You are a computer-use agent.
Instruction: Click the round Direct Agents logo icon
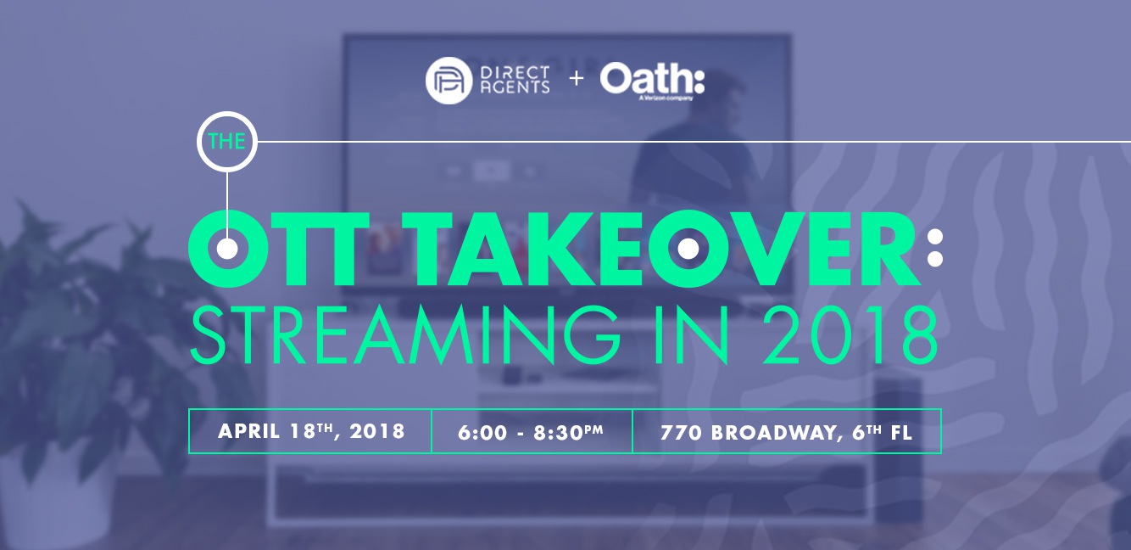(448, 81)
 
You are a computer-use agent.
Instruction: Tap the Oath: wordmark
(652, 78)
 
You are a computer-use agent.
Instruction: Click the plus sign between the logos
(577, 79)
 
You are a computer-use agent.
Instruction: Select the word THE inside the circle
(226, 141)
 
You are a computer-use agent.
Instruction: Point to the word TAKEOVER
(667, 250)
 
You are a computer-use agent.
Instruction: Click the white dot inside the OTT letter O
(227, 250)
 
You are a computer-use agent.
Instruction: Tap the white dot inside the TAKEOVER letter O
(688, 250)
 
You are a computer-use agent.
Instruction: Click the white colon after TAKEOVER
(934, 248)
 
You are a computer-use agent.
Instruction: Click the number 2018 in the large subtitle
(850, 334)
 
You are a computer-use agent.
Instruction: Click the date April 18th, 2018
(311, 431)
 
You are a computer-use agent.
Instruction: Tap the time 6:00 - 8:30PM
(531, 432)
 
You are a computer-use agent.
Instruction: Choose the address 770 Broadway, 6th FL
(787, 432)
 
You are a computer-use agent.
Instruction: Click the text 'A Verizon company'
(666, 98)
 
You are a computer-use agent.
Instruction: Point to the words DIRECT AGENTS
(515, 80)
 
